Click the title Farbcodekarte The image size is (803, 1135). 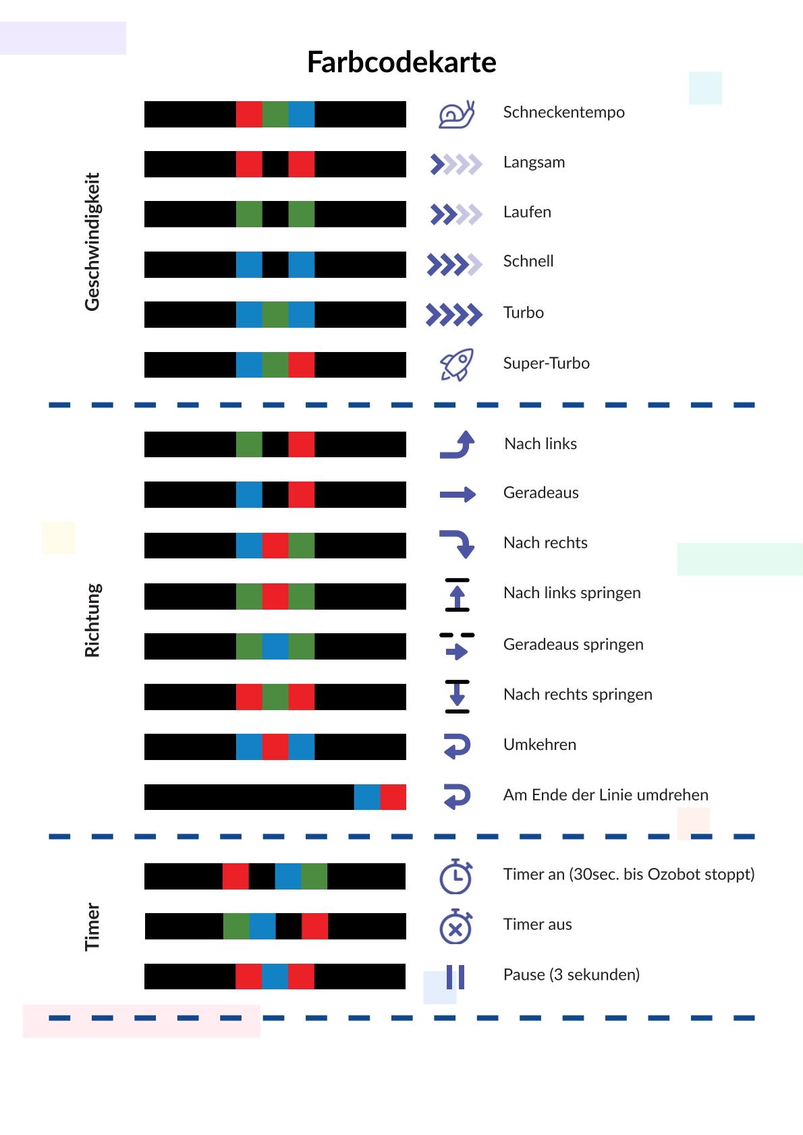click(401, 62)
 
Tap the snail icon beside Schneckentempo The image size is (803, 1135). click(457, 114)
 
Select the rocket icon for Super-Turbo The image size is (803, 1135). click(457, 365)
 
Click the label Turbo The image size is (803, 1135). click(523, 313)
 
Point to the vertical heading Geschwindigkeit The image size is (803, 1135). click(92, 241)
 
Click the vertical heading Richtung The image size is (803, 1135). click(92, 620)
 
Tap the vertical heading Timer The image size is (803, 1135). click(92, 927)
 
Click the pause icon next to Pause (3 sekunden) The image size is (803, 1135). click(455, 977)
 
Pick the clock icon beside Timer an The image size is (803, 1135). click(456, 876)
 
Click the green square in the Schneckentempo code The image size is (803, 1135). click(275, 114)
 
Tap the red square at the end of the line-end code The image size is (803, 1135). click(393, 797)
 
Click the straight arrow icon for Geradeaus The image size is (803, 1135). click(458, 495)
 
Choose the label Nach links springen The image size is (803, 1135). click(572, 593)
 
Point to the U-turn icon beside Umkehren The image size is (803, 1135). click(457, 746)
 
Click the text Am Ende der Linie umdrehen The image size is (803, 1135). click(605, 795)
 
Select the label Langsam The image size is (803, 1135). click(534, 163)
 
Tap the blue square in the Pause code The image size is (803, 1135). click(275, 977)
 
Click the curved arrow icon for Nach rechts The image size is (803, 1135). click(458, 544)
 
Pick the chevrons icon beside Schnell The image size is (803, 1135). click(454, 264)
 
